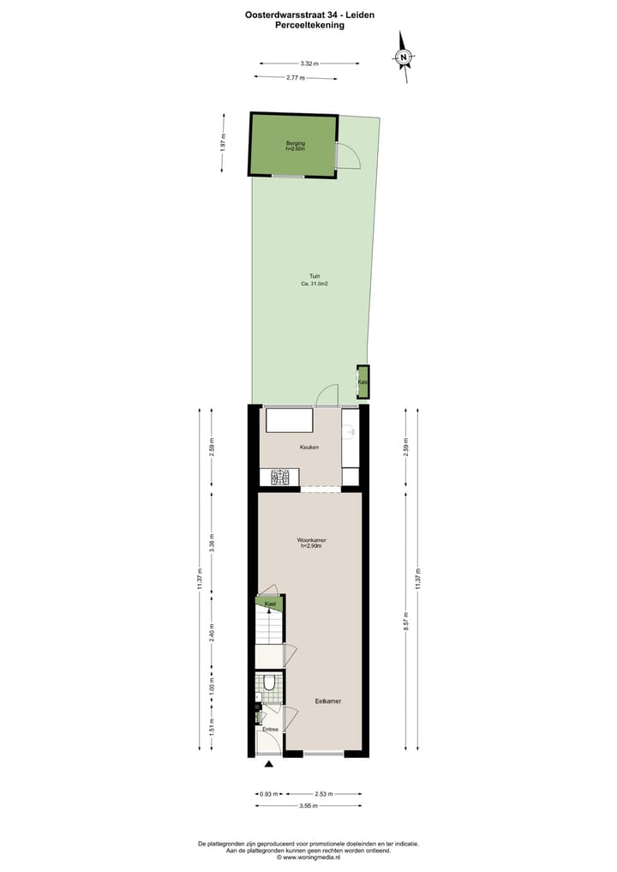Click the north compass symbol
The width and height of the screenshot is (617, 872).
coord(404,57)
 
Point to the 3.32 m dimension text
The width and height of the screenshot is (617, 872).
coord(309,63)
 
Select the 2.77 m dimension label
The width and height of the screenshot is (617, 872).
coord(296,78)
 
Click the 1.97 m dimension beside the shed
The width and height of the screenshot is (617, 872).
coord(223,141)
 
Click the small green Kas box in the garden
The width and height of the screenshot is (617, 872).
coord(363,382)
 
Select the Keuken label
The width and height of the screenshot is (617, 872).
coord(308,447)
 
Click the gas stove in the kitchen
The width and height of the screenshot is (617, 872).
coord(285,478)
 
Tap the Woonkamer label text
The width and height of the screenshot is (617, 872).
coord(311,539)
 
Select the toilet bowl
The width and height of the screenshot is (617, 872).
coord(269,683)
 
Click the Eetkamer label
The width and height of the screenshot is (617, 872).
coord(328,701)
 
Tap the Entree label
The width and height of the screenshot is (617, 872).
coord(270,729)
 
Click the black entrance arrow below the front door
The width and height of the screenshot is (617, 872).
coord(269,764)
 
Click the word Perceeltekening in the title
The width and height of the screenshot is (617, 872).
coord(309,26)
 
